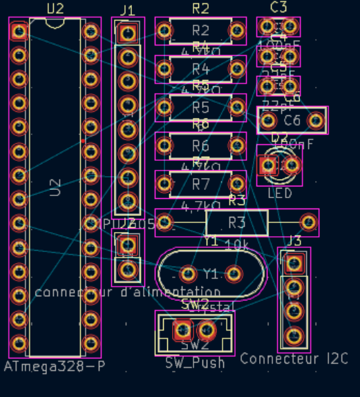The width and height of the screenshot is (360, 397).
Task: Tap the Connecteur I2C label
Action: point(294,359)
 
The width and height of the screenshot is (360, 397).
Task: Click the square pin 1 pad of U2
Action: point(19,31)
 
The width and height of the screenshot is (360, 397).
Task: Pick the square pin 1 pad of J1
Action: point(127,33)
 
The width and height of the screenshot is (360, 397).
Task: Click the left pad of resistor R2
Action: point(164,31)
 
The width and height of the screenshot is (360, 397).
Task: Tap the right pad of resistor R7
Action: point(237,184)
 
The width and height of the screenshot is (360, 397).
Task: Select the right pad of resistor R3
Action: point(310,222)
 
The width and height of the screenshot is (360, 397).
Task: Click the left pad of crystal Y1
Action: point(189,274)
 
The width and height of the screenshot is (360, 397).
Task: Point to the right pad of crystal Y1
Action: point(234,274)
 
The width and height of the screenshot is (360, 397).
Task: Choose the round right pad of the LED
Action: point(292,165)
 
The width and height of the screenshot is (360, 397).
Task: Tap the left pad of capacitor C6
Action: point(268,121)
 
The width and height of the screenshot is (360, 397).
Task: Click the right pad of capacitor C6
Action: point(316,121)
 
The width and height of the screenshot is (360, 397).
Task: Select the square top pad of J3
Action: point(294,262)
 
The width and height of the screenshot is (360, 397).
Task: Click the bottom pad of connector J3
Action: point(294,336)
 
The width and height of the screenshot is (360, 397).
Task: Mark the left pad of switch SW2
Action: point(183,331)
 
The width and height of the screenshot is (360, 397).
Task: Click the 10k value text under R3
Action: point(237,244)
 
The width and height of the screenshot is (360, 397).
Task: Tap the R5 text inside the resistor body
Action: point(200,108)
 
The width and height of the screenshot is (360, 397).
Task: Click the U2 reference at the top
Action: point(55,8)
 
